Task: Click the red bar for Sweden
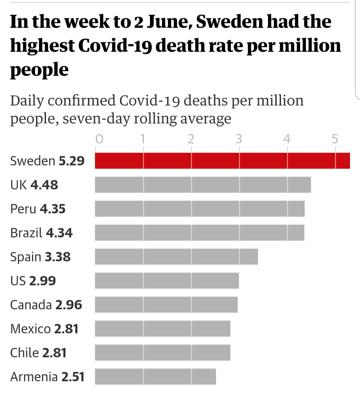coord(222,161)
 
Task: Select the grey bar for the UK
coord(203,185)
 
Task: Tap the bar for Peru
coord(200,208)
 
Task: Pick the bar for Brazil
coord(199,232)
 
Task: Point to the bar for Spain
coord(176,256)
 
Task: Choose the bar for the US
coord(167,280)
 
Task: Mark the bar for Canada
coord(166,304)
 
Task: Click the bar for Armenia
coord(155,376)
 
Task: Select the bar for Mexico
coord(162,328)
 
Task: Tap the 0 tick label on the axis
coord(99,139)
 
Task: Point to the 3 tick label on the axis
coord(239,139)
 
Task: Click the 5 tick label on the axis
coord(335,139)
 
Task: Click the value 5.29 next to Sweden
coord(72,161)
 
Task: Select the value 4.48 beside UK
coord(44,185)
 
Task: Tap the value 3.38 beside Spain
coord(58,257)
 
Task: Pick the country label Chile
coord(24,353)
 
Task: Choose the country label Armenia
coord(34,377)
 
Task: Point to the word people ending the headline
coord(39,70)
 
